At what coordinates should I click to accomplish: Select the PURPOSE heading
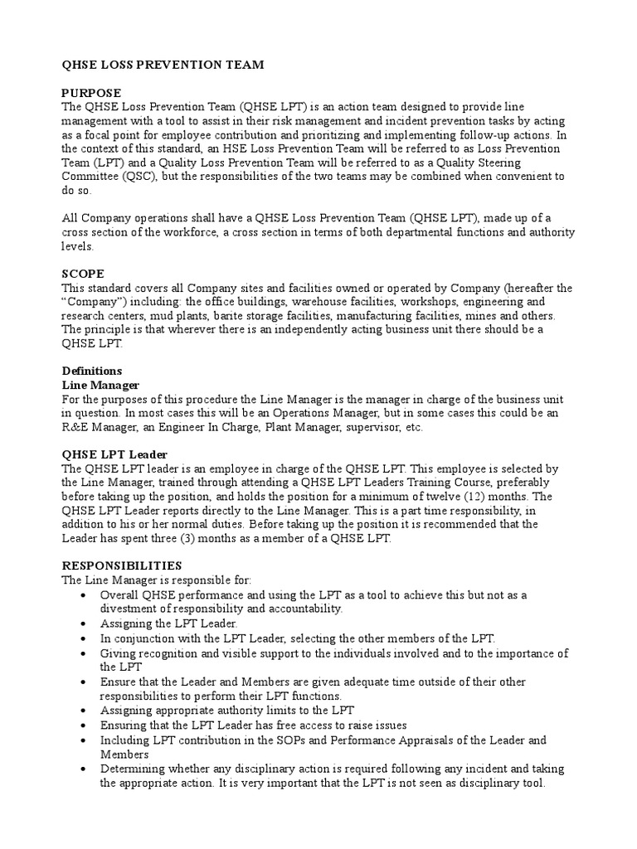click(x=92, y=93)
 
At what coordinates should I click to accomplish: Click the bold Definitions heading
click(x=92, y=371)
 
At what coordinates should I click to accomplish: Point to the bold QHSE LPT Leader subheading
click(x=115, y=454)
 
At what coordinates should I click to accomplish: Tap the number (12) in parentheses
click(x=456, y=497)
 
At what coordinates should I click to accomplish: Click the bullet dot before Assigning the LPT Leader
click(x=85, y=623)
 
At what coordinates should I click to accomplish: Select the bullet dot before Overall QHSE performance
click(x=85, y=595)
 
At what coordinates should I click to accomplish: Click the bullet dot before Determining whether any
click(x=85, y=769)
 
